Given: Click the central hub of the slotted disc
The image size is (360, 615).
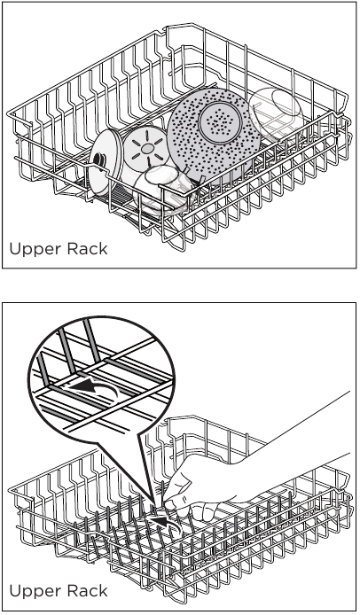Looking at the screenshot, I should pos(144,150).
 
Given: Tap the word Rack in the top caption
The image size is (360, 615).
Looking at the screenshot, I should pos(86,249).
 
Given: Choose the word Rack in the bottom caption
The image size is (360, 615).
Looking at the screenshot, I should pos(86,591).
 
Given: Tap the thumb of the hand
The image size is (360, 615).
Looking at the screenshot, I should pos(206,510).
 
